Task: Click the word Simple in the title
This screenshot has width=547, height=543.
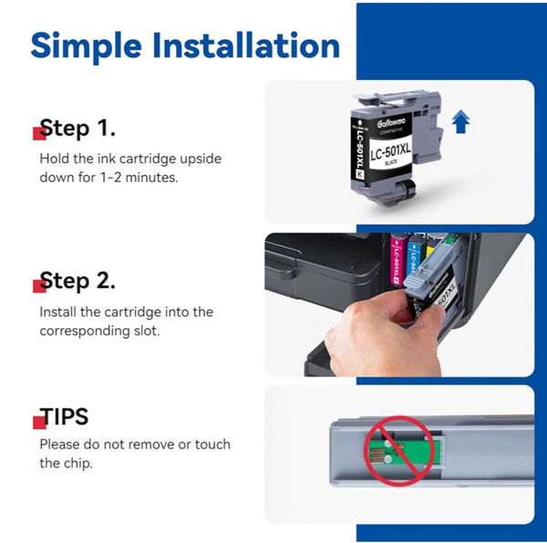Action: (87, 46)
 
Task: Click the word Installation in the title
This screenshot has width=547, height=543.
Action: (246, 45)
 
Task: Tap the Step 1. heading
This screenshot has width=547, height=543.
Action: (77, 128)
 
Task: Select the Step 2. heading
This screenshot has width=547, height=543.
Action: (77, 281)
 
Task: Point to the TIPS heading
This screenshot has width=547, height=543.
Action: (64, 416)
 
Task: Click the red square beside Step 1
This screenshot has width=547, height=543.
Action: (39, 134)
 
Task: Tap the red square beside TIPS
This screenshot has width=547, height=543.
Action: (39, 423)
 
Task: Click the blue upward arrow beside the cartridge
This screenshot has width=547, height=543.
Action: (460, 121)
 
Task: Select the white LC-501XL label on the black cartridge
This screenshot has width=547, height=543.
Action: (391, 154)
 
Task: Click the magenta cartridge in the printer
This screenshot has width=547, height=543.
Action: (397, 259)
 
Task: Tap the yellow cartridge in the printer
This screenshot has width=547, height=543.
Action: (430, 251)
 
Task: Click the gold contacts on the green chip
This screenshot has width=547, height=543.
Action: (377, 453)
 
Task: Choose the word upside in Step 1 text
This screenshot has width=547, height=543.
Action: (201, 159)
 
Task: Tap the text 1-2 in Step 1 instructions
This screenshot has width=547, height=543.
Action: (110, 178)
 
